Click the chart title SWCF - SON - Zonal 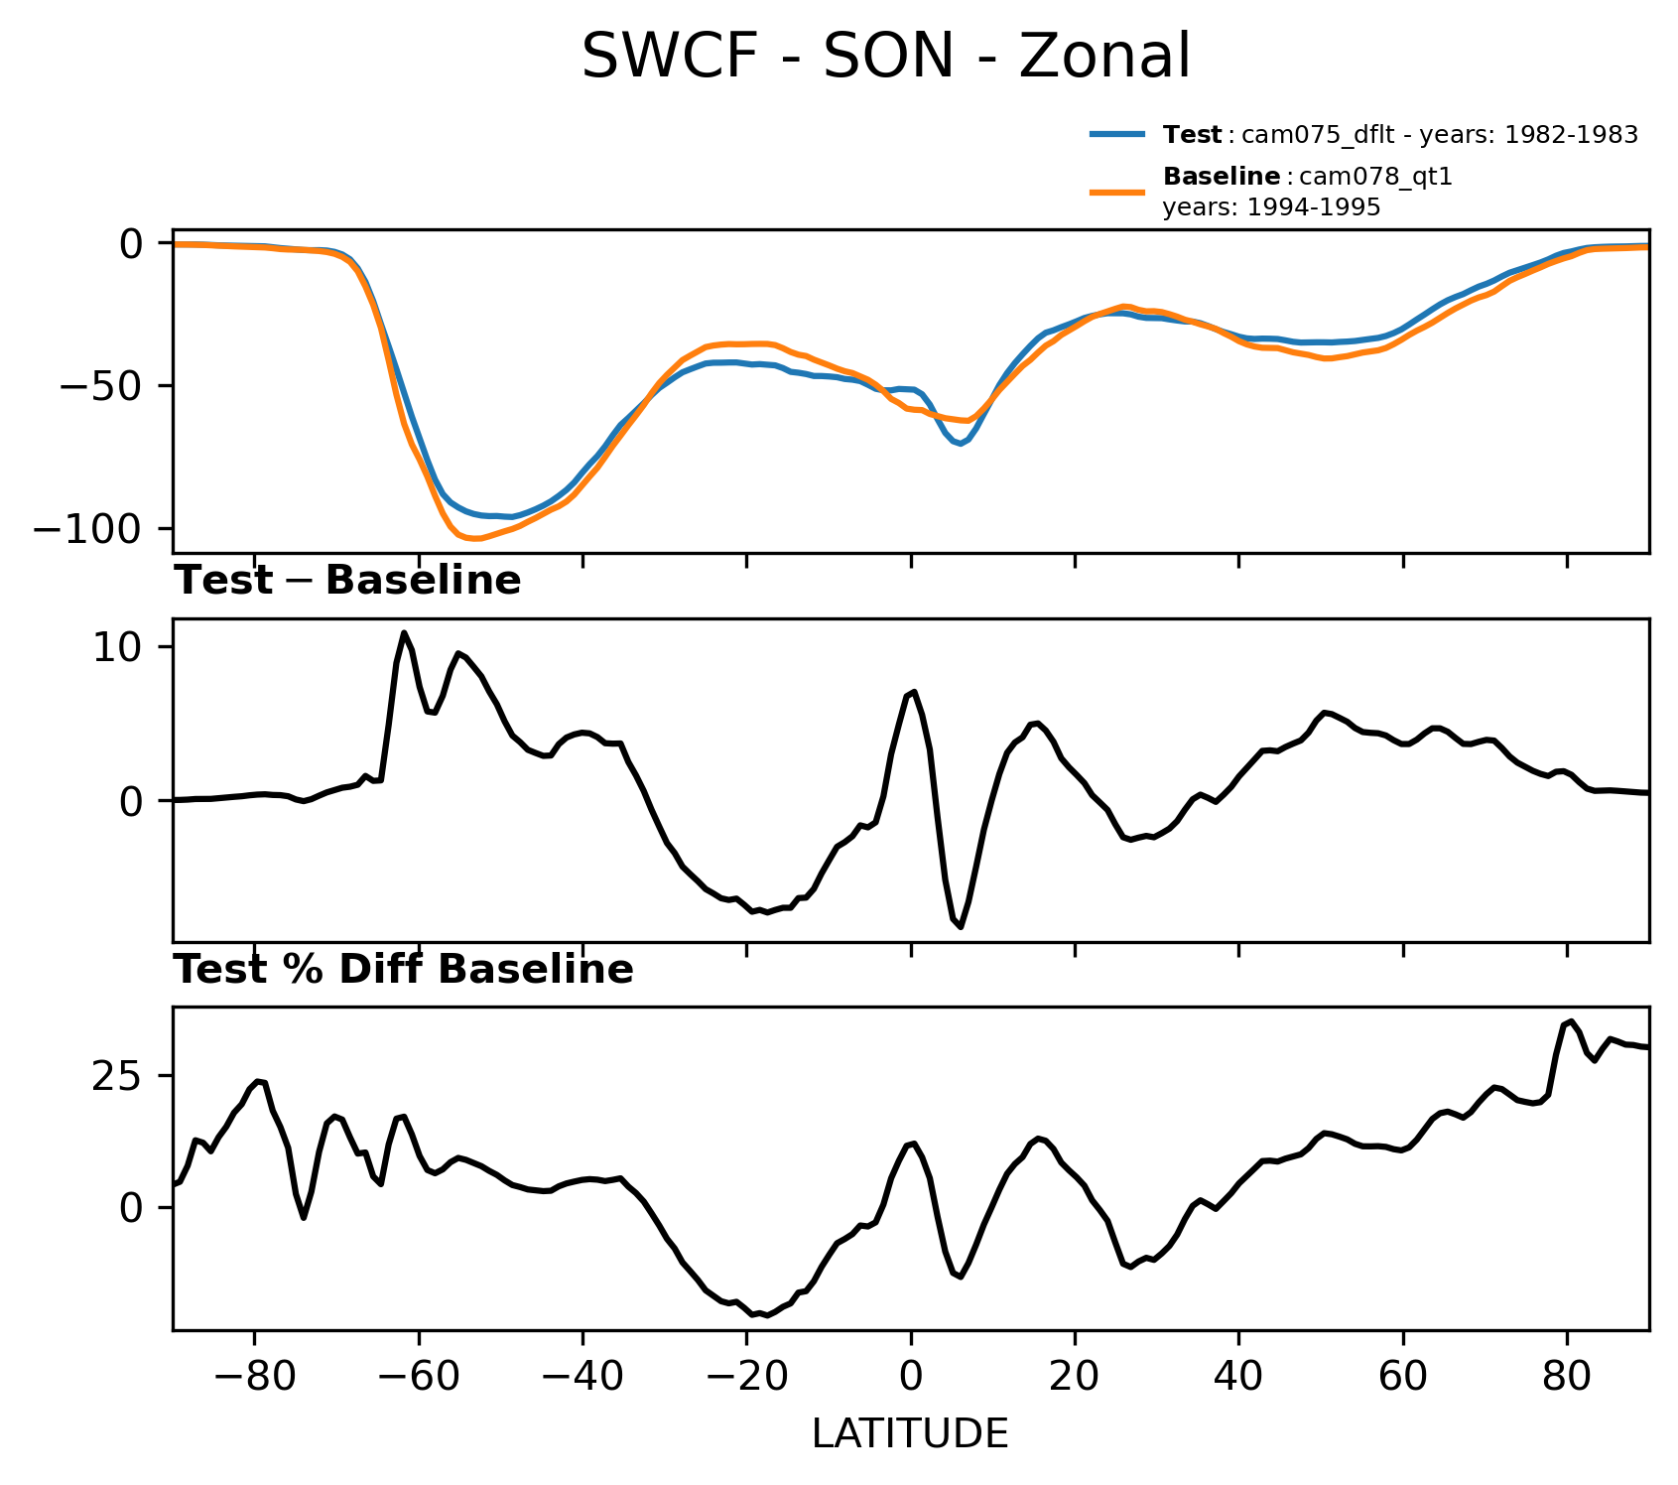[885, 57]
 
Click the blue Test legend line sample [1118, 135]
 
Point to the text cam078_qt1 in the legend [1375, 177]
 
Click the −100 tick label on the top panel [88, 528]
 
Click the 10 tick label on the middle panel [116, 647]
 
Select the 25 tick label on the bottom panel [116, 1076]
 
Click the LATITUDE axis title [910, 1434]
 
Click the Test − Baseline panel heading [347, 581]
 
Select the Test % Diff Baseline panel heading [404, 970]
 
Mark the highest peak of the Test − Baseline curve [404, 632]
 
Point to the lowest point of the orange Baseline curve [474, 538]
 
